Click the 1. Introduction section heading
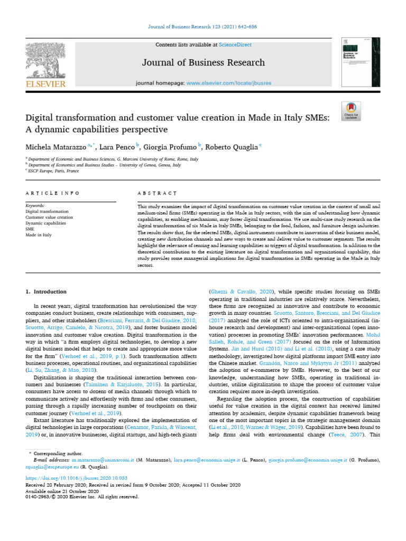[46, 292]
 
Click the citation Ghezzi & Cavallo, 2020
[235, 292]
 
